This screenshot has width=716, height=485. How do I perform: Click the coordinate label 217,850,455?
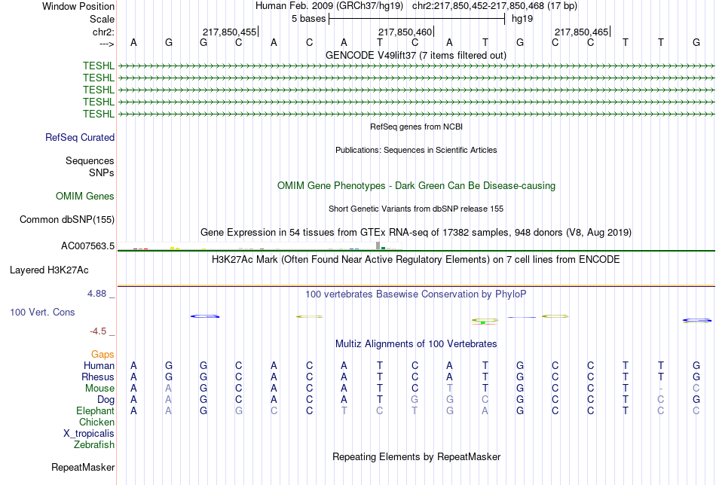pyautogui.click(x=229, y=32)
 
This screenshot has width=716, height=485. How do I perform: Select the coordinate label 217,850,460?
pyautogui.click(x=405, y=32)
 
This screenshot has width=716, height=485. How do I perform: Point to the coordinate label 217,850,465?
pyautogui.click(x=581, y=32)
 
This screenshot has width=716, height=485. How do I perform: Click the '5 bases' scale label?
pyautogui.click(x=309, y=19)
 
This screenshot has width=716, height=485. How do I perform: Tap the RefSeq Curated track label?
pyautogui.click(x=80, y=137)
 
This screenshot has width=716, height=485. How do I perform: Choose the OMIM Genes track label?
pyautogui.click(x=85, y=197)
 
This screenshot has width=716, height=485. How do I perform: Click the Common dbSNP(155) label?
pyautogui.click(x=67, y=219)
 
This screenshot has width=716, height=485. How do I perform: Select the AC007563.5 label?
pyautogui.click(x=87, y=246)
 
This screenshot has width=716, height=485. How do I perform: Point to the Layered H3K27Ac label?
pyautogui.click(x=49, y=270)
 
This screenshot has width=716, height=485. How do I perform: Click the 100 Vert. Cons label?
pyautogui.click(x=42, y=312)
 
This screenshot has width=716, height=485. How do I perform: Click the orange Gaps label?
pyautogui.click(x=103, y=355)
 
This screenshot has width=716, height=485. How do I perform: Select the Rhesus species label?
pyautogui.click(x=98, y=377)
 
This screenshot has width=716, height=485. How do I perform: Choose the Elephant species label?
pyautogui.click(x=95, y=411)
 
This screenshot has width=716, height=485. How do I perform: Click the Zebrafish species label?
pyautogui.click(x=94, y=445)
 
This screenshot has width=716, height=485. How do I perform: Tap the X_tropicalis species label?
pyautogui.click(x=89, y=434)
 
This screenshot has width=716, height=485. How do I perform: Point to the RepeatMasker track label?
pyautogui.click(x=83, y=467)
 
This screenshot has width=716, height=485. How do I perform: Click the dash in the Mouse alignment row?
pyautogui.click(x=661, y=389)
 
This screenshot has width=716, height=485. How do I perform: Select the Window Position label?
pyautogui.click(x=78, y=6)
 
